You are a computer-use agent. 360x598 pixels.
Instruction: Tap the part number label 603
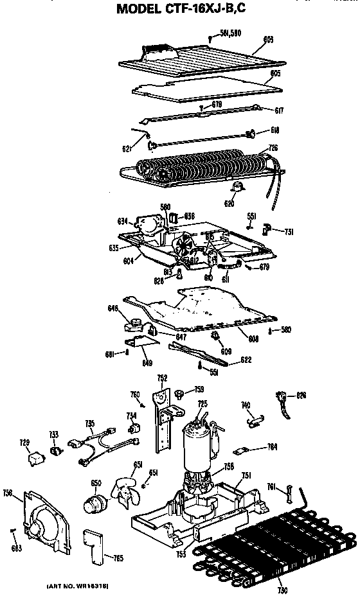[269, 40]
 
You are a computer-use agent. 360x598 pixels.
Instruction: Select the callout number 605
[275, 74]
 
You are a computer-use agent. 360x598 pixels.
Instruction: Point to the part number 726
[273, 148]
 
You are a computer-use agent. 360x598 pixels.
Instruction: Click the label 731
[289, 232]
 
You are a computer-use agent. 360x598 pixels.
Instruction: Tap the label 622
[246, 360]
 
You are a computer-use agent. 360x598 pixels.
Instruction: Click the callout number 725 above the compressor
[203, 403]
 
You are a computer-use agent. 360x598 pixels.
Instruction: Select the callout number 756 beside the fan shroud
[8, 493]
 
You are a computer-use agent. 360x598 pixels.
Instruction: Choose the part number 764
[273, 447]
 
